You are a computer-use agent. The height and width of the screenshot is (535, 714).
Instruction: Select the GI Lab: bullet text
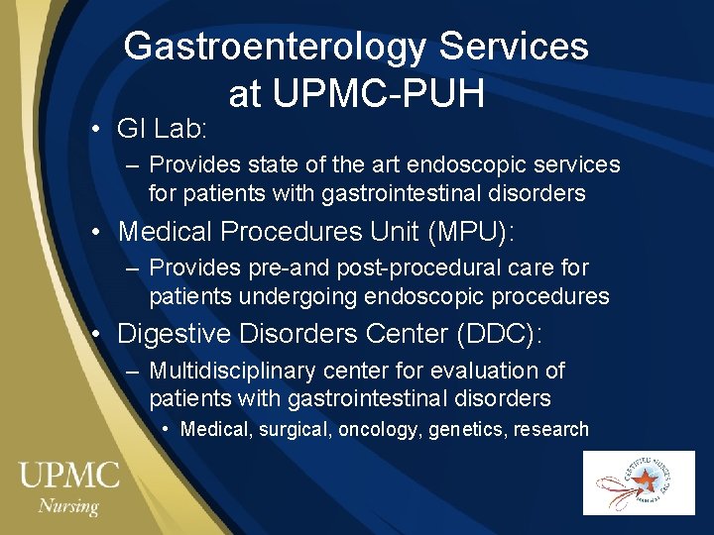point(161,129)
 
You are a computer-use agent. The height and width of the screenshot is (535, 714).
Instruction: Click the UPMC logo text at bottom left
point(68,476)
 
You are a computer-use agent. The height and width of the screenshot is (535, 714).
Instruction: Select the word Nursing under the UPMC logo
point(68,506)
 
